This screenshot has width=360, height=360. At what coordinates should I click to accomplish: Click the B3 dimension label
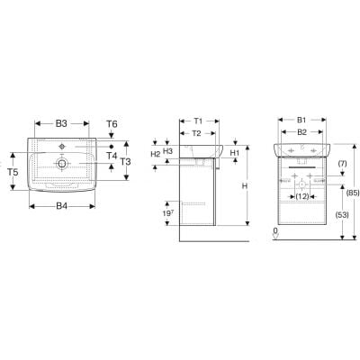tap(62, 123)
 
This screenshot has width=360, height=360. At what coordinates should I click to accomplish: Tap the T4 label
tap(112, 155)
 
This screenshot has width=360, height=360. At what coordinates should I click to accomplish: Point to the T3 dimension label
tap(127, 162)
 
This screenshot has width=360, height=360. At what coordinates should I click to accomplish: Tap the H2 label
tap(155, 155)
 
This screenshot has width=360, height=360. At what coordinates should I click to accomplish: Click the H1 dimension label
tap(234, 152)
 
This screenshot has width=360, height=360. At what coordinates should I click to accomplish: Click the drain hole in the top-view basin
tap(61, 164)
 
